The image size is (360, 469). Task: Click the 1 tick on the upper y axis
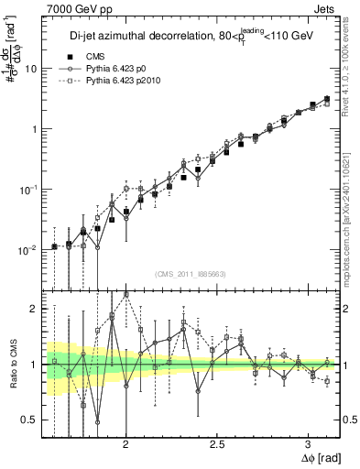coord(35,129)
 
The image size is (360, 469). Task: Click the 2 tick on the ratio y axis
coord(35,310)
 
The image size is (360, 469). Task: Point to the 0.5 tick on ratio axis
coord(31,420)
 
